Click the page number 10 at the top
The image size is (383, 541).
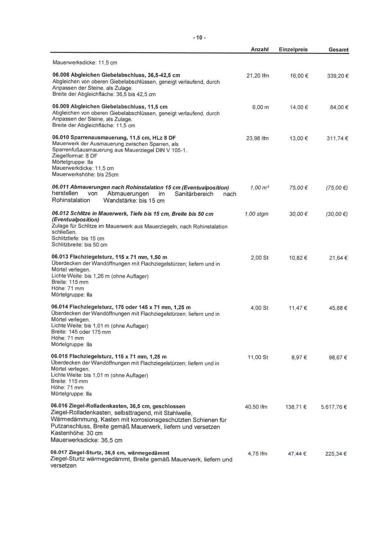pyautogui.click(x=199, y=38)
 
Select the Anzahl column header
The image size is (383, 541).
pyautogui.click(x=260, y=50)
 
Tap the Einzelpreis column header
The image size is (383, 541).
pyautogui.click(x=293, y=50)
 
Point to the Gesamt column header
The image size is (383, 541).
pyautogui.click(x=338, y=50)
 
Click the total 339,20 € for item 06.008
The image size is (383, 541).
pyautogui.click(x=337, y=76)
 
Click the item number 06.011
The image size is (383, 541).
pyautogui.click(x=60, y=187)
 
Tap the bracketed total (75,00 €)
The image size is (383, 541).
pyautogui.click(x=336, y=188)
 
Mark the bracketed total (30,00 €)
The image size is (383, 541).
pyautogui.click(x=336, y=214)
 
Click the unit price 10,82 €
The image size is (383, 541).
pyautogui.click(x=298, y=258)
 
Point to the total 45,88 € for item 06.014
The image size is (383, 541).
pyautogui.click(x=338, y=308)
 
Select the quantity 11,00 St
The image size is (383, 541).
pyautogui.click(x=258, y=357)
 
